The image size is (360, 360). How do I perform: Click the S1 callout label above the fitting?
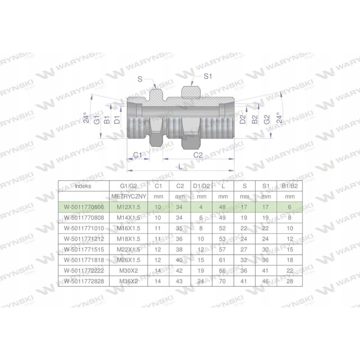(208, 76)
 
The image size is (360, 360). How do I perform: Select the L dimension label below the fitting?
(180, 166)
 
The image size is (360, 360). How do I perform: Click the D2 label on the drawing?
(243, 119)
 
